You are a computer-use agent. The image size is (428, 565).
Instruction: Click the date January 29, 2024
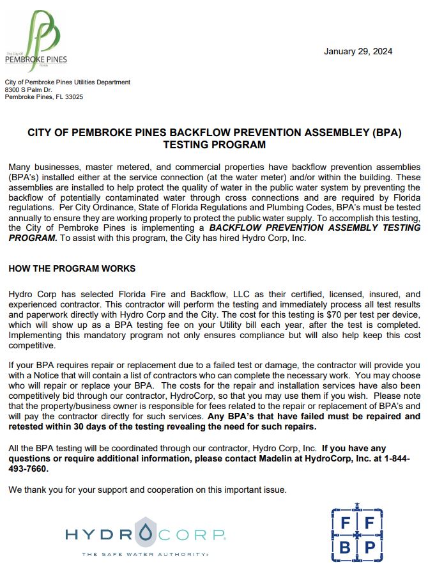(358, 51)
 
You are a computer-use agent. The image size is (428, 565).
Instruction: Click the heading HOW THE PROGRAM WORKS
(72, 268)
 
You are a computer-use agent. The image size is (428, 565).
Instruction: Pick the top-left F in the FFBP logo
(346, 523)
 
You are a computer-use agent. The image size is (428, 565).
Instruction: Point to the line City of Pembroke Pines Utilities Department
(68, 82)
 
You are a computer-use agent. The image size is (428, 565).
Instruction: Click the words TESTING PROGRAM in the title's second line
(214, 145)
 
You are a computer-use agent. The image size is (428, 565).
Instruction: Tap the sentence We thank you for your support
(147, 490)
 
